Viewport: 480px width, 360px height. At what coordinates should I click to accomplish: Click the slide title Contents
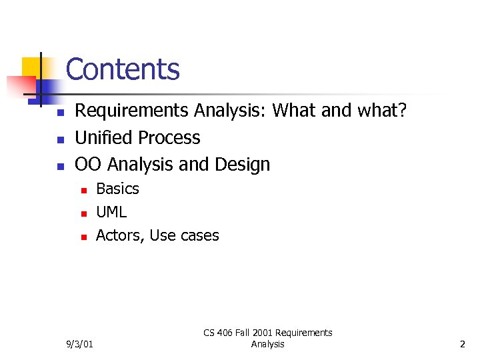click(x=123, y=69)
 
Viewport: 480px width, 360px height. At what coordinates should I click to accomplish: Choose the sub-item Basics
click(x=117, y=189)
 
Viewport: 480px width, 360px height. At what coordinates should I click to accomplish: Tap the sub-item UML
click(x=111, y=213)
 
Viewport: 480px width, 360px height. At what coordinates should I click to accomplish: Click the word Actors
click(x=120, y=236)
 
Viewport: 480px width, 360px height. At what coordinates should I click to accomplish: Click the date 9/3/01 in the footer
click(x=79, y=344)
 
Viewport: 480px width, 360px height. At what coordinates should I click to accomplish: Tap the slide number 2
click(x=462, y=344)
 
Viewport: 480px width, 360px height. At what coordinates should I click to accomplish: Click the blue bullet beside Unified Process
click(x=59, y=139)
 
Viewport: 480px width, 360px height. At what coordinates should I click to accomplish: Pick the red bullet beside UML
click(x=83, y=214)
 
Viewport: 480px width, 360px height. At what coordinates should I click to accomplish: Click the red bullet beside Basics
click(x=83, y=191)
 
